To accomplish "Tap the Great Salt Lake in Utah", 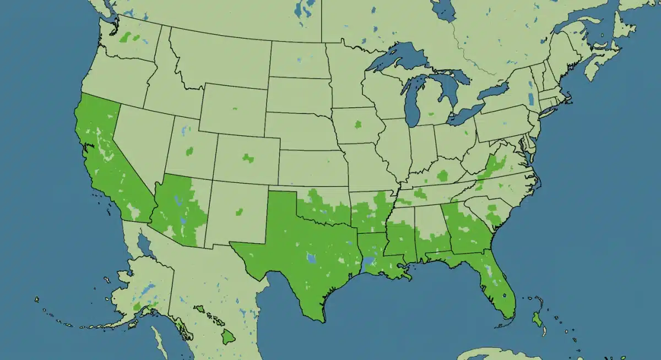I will (x=183, y=132).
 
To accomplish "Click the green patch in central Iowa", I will (x=359, y=124).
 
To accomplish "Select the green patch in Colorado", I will (x=248, y=158).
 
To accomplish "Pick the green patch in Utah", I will (x=190, y=150).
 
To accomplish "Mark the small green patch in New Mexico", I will (x=240, y=211).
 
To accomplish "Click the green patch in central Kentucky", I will (x=442, y=176).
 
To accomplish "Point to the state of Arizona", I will (x=179, y=209).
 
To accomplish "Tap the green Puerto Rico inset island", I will (x=536, y=318).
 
